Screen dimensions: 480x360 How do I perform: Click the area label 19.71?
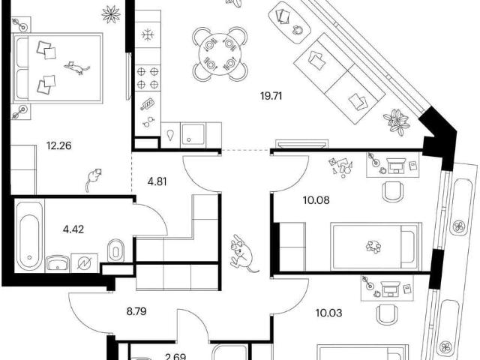[271, 96]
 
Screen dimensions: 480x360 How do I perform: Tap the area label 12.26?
[58, 145]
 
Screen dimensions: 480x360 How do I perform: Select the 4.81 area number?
[157, 181]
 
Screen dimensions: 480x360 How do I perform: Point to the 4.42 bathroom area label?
[73, 229]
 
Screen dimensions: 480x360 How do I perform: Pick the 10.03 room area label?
[328, 313]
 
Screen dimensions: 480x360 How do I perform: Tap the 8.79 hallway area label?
[136, 312]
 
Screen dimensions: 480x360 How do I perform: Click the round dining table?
[220, 54]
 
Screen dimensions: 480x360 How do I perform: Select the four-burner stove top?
[148, 77]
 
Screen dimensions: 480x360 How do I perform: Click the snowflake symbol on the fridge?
[148, 34]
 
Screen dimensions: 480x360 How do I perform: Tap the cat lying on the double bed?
[76, 67]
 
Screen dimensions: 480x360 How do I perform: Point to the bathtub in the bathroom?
[29, 236]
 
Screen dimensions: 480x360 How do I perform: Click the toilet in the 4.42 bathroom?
[115, 250]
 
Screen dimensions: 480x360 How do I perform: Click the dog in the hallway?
[243, 253]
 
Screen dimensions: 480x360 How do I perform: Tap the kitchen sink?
[193, 135]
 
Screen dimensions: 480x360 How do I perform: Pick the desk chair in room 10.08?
[393, 192]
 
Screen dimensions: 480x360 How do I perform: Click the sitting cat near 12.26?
[93, 179]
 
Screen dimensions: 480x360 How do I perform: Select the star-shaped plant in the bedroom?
[111, 14]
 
